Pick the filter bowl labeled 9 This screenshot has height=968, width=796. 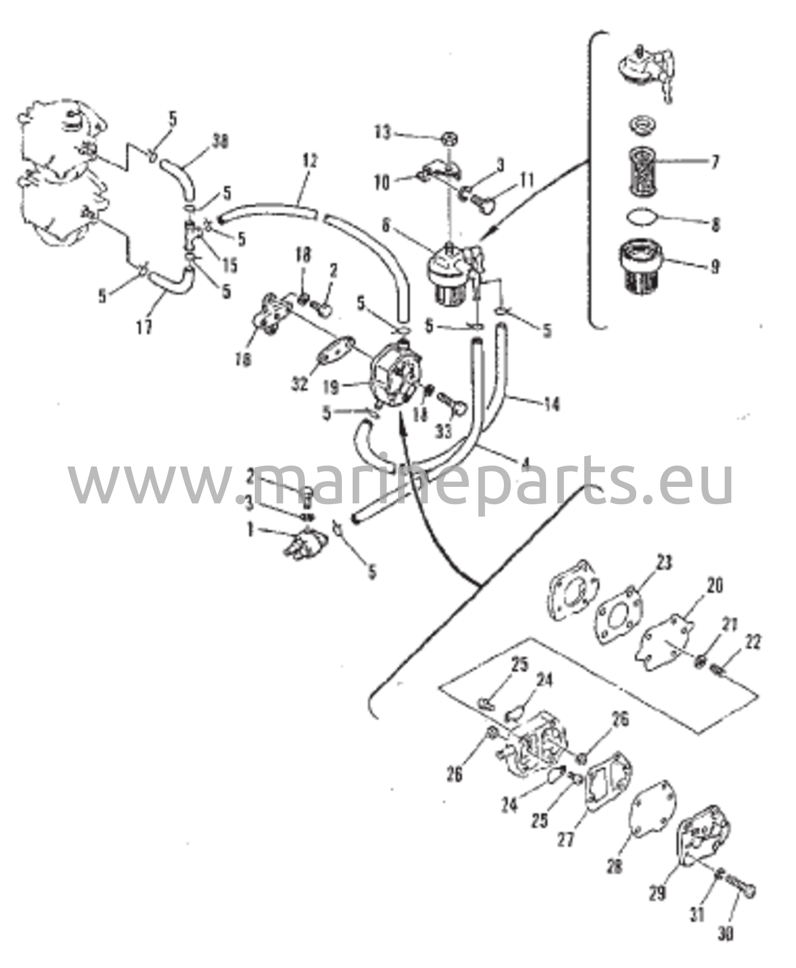pyautogui.click(x=641, y=265)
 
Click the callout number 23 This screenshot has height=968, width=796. pyautogui.click(x=664, y=563)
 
